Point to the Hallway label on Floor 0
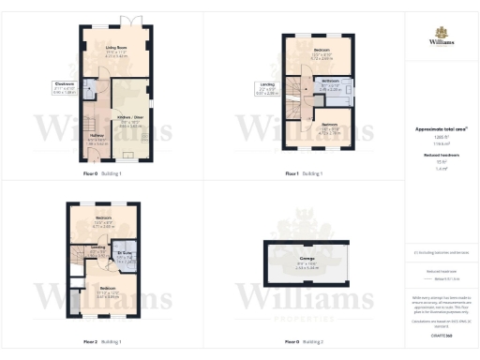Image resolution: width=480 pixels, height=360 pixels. click(97, 138)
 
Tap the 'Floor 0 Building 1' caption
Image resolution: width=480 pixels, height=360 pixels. click(102, 174)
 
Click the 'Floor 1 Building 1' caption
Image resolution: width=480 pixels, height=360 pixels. click(305, 174)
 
